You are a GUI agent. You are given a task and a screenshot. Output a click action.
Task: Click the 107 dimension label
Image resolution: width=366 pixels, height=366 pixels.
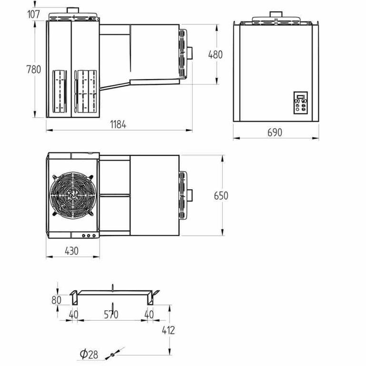coord(33,14)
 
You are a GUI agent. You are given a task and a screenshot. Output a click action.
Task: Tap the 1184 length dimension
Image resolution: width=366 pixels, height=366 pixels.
coord(118,125)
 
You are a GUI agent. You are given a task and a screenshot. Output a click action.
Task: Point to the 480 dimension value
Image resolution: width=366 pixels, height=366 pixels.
coord(215,54)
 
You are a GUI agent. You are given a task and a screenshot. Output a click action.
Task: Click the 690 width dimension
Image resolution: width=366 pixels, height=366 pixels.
coord(274,132)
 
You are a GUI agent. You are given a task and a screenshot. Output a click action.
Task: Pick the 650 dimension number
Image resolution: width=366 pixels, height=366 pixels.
coord(221,195)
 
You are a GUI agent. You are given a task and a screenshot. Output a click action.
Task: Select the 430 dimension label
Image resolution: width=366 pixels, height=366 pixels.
coord(71,251)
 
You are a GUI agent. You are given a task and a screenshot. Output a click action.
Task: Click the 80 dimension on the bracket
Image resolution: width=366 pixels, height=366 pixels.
coord(57,300)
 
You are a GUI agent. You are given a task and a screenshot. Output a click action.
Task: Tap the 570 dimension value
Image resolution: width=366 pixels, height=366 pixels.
coord(111,315)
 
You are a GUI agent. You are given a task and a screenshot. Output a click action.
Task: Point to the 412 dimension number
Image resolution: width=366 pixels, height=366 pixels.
coord(168,330)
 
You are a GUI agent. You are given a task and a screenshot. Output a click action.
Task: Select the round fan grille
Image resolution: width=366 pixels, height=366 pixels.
coord(73,194)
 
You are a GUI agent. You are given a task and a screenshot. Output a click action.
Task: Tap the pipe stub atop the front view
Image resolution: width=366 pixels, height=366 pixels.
coord(276,14)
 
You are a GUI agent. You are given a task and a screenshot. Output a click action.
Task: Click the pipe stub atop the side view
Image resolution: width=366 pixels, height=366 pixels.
coord(73,10)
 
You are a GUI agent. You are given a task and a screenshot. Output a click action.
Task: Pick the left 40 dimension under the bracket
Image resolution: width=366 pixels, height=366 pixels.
coord(73,315)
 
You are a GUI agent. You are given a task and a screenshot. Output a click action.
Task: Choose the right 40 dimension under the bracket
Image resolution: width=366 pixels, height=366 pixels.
coord(149,315)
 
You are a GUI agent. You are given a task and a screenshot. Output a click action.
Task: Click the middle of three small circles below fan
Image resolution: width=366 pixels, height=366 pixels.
coord(89,235)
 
